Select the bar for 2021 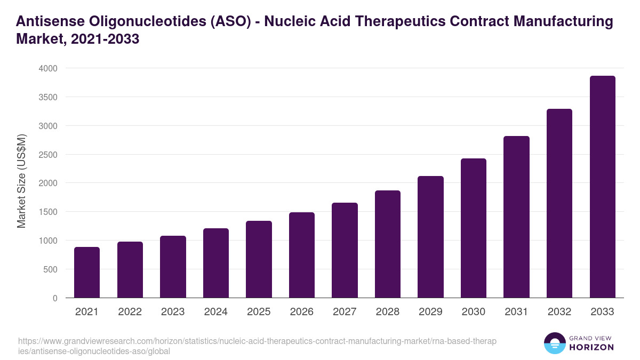click(x=87, y=273)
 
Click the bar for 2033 click(x=603, y=187)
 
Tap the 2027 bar click(x=345, y=250)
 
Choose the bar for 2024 click(x=216, y=263)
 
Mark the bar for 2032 click(x=559, y=203)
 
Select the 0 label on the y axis click(x=55, y=298)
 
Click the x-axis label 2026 click(x=302, y=312)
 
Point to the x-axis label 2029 click(x=430, y=312)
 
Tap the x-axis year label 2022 click(x=130, y=312)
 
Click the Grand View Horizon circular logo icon click(x=555, y=343)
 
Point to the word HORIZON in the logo click(x=592, y=347)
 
